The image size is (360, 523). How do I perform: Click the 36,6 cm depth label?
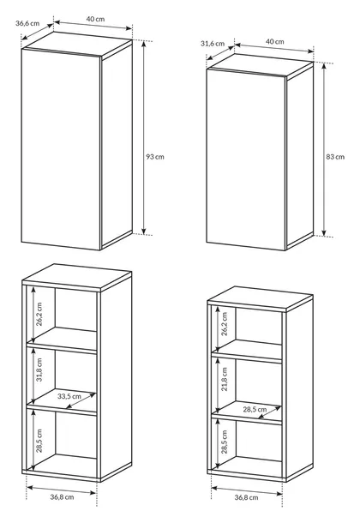[27, 23]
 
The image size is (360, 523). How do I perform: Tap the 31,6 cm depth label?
[213, 44]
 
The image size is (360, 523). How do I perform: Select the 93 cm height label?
[155, 156]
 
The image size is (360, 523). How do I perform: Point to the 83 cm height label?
[335, 156]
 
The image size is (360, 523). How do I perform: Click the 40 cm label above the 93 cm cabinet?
[95, 19]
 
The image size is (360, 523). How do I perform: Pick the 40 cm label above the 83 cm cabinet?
[274, 42]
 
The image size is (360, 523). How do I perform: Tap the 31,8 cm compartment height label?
[39, 370]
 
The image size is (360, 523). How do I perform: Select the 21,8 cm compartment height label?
[225, 379]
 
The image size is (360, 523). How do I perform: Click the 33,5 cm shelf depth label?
[69, 396]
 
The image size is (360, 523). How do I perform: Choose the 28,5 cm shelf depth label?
[255, 409]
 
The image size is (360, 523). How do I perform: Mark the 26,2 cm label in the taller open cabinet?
[39, 314]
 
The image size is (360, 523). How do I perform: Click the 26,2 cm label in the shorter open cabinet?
[225, 324]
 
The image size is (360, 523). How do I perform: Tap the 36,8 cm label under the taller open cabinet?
[62, 497]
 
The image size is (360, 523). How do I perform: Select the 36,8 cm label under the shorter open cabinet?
[246, 497]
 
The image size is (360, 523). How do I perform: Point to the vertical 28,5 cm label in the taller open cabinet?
[39, 441]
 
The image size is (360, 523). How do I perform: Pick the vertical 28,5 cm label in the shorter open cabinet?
[225, 442]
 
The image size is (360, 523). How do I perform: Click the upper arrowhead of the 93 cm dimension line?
[144, 44]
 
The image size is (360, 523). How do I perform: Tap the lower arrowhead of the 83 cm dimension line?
[324, 233]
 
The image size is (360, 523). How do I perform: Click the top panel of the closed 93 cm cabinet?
[77, 44]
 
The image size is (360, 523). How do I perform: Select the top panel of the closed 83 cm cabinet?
[261, 66]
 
